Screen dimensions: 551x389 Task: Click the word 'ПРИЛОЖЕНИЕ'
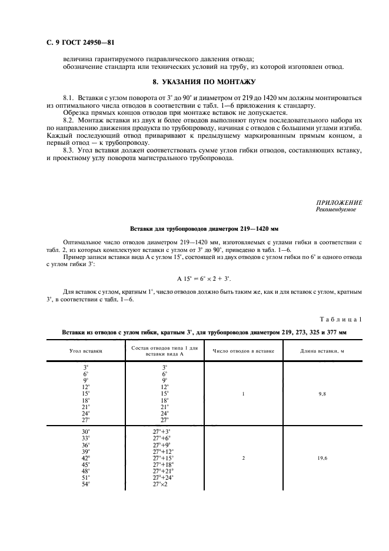[x=340, y=203]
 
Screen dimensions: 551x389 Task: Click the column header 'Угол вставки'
[x=86, y=351]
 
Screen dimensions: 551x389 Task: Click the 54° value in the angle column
[x=87, y=483]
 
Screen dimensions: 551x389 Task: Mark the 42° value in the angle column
[x=87, y=457]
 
